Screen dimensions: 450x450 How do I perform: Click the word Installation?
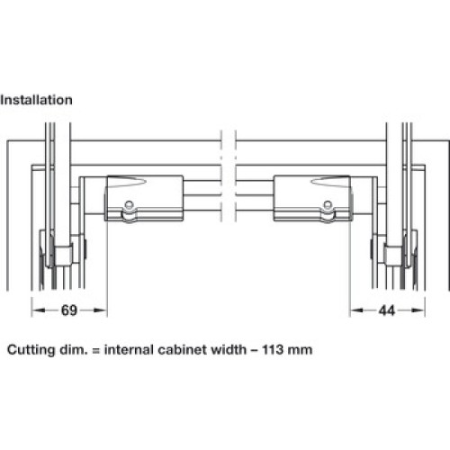click(36, 100)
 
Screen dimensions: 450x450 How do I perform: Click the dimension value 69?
click(69, 310)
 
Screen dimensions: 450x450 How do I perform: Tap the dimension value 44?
click(387, 310)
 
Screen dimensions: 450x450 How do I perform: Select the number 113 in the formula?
click(273, 349)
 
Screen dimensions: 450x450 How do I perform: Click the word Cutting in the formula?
click(31, 350)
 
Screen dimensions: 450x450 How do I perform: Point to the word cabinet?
click(182, 349)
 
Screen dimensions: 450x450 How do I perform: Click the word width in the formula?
click(228, 349)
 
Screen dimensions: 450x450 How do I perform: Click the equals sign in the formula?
click(95, 350)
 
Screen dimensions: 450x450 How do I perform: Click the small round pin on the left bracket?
click(129, 204)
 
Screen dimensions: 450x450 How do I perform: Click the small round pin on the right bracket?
click(328, 204)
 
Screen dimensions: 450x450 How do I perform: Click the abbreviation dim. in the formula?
click(74, 349)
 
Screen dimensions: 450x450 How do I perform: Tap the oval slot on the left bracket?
click(128, 182)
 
